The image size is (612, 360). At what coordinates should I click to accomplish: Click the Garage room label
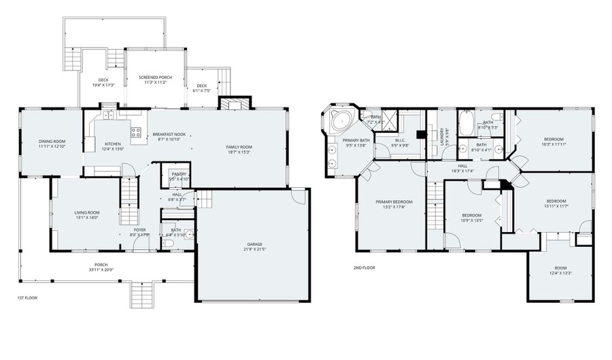pos(255,244)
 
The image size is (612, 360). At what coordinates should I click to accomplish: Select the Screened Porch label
pos(155,78)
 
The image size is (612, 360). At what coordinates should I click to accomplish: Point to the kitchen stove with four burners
pos(136,132)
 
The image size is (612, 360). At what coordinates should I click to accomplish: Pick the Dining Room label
pos(51,141)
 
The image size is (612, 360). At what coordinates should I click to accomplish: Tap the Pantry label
pos(179,174)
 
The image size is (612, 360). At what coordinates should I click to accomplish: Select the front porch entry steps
pos(142,295)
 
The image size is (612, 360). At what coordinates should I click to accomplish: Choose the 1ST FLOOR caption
pos(27,298)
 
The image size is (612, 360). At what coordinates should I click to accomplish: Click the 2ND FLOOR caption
pos(364,267)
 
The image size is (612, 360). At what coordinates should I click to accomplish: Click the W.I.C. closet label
pos(399,141)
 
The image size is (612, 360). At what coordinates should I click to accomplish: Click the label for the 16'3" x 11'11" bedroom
pos(554,140)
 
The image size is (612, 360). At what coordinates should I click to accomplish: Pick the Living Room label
pos(87,213)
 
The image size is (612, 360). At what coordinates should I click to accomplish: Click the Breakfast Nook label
pos(169,134)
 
